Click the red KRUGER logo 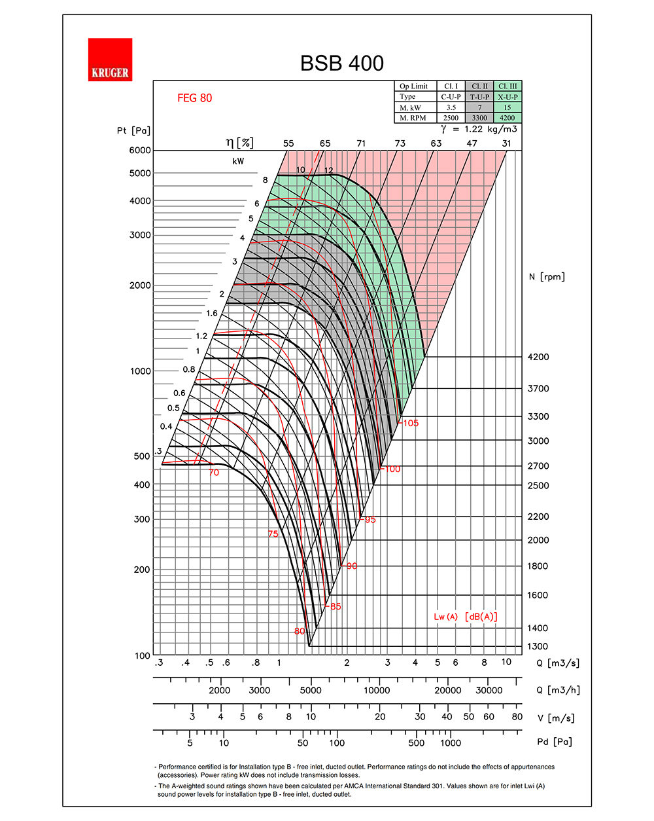[110, 60]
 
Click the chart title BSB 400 [341, 63]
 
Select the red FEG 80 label [194, 98]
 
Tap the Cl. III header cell [508, 86]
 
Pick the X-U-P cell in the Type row [508, 97]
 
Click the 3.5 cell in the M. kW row [451, 107]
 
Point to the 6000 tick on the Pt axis [140, 150]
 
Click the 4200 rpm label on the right [538, 357]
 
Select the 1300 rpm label [538, 646]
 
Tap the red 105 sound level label [410, 423]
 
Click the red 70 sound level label [214, 473]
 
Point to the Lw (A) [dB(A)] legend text [465, 617]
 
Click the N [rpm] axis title [546, 277]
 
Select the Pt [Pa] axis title [133, 130]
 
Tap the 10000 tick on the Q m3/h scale [377, 690]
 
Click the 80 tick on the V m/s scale [517, 716]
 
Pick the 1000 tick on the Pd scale [450, 742]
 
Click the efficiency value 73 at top [400, 143]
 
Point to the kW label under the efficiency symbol [238, 161]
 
